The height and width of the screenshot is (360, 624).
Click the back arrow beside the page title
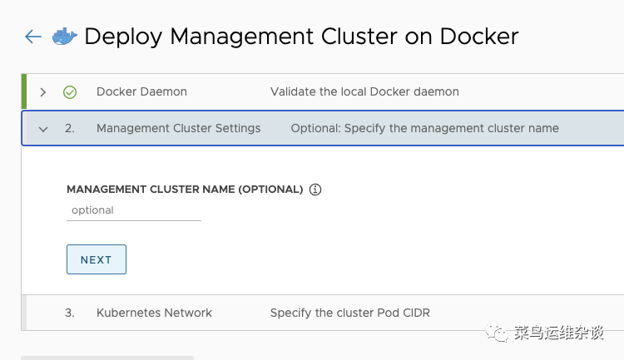click(33, 37)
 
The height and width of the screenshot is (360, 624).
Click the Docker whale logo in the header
click(64, 37)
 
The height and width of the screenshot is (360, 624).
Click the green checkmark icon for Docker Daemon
click(70, 92)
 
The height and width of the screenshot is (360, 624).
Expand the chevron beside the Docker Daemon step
click(43, 91)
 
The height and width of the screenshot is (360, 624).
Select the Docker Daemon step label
click(141, 91)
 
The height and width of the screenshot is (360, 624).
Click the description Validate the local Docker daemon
click(364, 91)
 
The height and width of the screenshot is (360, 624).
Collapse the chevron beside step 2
click(43, 129)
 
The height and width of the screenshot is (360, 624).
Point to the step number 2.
click(70, 128)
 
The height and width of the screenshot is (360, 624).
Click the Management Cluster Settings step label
click(178, 128)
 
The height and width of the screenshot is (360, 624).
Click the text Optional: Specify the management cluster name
click(424, 128)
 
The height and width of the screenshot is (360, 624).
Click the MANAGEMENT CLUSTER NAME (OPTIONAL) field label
click(185, 190)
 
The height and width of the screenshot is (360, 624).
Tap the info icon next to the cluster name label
click(315, 190)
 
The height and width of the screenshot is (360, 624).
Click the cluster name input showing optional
click(133, 210)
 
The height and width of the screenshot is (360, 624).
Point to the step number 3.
click(70, 313)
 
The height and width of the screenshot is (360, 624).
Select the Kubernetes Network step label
click(154, 313)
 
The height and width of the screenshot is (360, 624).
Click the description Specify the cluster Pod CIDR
click(349, 313)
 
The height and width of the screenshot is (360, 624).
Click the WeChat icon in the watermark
click(498, 333)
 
